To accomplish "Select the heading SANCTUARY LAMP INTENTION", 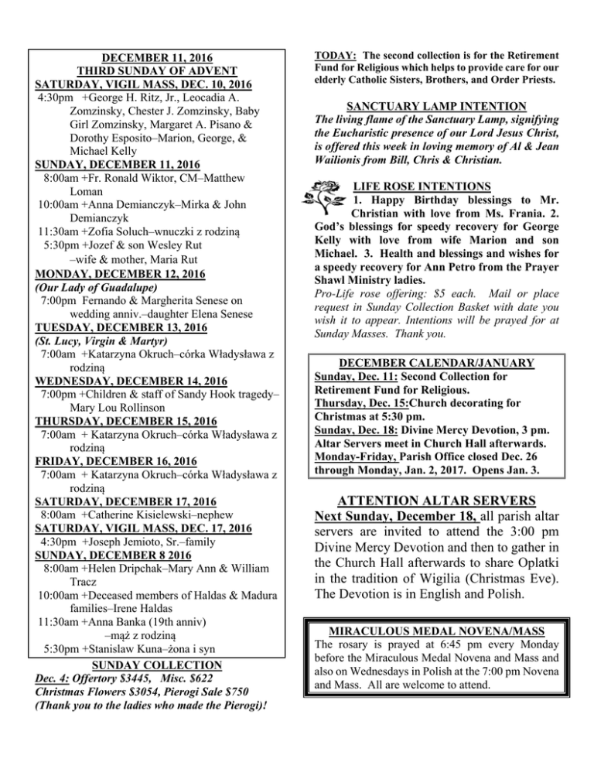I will coord(449,106).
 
